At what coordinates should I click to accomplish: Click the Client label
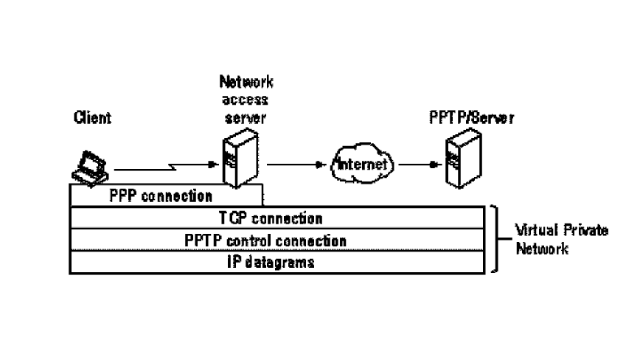coord(92,118)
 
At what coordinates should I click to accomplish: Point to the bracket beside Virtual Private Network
coord(495,240)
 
